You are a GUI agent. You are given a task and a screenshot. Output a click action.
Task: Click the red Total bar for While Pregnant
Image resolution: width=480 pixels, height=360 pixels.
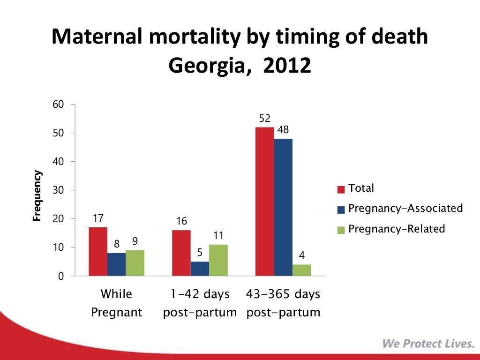pos(98,252)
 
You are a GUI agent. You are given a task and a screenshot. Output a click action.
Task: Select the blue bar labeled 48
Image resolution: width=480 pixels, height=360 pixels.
pos(283,207)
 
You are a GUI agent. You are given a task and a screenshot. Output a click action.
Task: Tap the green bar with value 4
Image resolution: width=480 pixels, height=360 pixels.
pos(301,270)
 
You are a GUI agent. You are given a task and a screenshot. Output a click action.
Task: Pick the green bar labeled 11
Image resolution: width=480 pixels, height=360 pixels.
pos(218,260)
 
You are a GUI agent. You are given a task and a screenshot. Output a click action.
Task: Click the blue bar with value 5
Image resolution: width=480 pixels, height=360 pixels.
pos(200,269)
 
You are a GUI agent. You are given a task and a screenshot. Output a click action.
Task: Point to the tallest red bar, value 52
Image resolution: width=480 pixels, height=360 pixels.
pos(264,202)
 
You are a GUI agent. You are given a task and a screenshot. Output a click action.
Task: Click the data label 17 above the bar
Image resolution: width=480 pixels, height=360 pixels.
pos(97,218)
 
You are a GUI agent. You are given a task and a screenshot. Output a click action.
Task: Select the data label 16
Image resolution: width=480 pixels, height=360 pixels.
pos(181,221)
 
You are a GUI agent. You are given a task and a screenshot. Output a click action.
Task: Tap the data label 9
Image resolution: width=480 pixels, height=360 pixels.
pos(135,241)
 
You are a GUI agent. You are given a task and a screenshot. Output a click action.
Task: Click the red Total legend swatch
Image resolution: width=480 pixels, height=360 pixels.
pos(341,189)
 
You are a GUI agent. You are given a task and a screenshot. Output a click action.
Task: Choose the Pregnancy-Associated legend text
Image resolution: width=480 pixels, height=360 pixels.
pos(405,208)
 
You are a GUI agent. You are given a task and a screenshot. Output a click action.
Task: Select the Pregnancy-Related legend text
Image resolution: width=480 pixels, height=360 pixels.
pos(397,229)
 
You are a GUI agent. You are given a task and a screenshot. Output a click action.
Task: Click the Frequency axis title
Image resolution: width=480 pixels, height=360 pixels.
pos(37,195)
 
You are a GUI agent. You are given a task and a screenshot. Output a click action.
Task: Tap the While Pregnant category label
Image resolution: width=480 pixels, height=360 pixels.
pos(116,303)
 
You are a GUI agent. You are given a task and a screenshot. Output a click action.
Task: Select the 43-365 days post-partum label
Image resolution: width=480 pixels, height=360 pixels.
pos(283,303)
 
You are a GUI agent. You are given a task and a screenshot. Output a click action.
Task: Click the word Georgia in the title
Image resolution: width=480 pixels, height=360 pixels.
pos(206,66)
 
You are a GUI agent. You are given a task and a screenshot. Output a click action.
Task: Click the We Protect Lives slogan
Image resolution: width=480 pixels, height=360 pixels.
pos(428,344)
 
